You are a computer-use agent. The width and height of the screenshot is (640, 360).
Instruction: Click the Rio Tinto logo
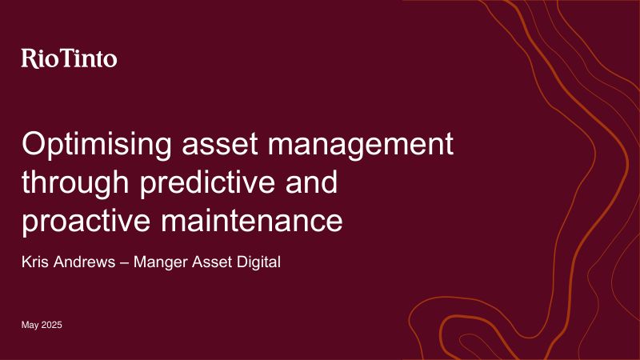(x=70, y=58)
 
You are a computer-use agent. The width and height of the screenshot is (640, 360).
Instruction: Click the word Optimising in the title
(x=97, y=146)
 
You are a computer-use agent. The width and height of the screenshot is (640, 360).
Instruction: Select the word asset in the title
(x=220, y=145)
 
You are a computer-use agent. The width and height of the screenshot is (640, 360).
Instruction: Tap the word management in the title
(x=361, y=146)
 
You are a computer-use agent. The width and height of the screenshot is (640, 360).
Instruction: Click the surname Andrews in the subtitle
(x=85, y=262)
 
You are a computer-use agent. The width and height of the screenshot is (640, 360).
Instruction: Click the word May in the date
(x=30, y=326)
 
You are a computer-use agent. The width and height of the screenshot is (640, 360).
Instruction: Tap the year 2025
(x=52, y=325)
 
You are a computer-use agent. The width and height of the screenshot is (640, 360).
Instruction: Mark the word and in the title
(x=312, y=182)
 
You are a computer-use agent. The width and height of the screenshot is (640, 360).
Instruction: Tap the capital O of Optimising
(x=35, y=144)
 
